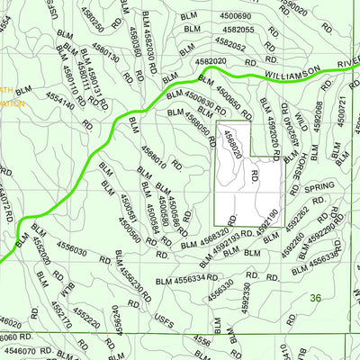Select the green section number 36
[x=314, y=298]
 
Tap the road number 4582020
[x=210, y=61]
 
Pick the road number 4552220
[x=87, y=317]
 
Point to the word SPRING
[x=319, y=189]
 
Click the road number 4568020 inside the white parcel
[x=232, y=143]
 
